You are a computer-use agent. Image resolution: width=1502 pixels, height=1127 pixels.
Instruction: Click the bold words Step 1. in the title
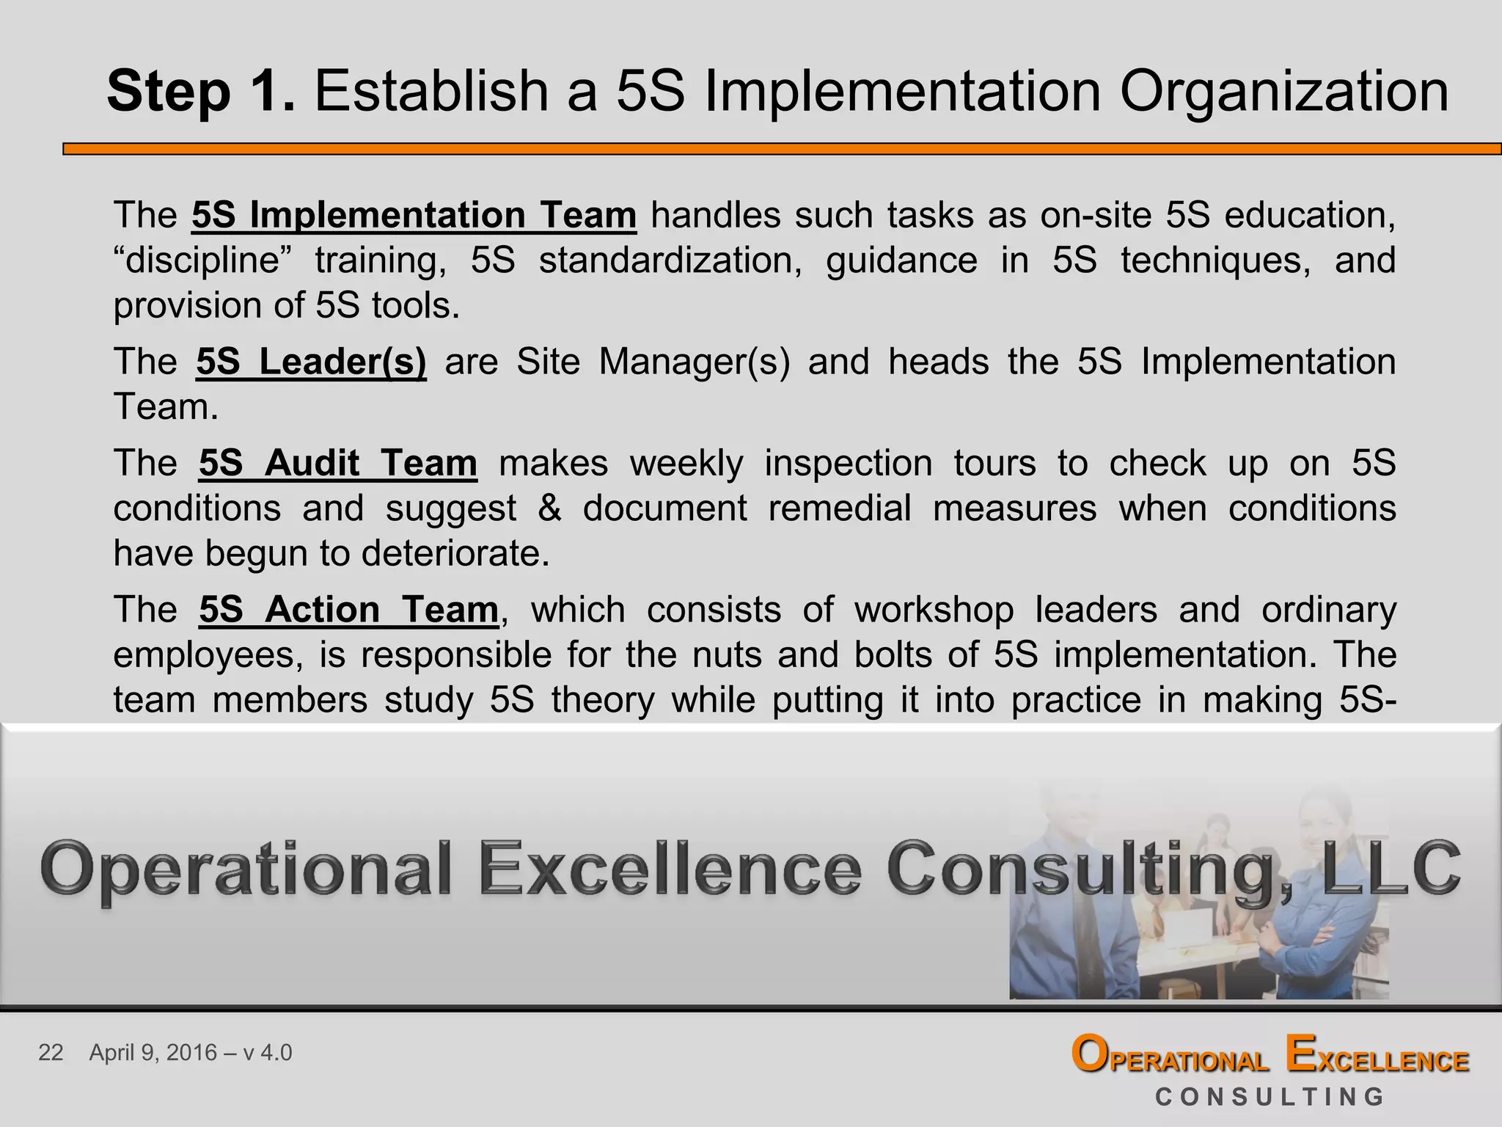point(201,92)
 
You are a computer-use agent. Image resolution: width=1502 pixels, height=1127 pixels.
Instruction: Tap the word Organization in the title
point(1283,92)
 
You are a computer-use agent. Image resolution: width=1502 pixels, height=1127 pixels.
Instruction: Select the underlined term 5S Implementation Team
point(414,215)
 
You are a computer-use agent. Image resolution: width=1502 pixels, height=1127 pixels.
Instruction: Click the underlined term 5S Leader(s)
point(311,361)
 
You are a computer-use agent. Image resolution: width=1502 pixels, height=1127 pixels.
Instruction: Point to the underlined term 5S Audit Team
point(338,463)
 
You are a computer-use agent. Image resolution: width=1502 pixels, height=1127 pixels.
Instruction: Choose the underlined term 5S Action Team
point(348,610)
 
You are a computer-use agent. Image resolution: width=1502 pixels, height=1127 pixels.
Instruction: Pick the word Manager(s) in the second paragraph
point(694,361)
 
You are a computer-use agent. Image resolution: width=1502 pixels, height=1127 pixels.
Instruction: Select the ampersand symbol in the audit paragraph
point(549,508)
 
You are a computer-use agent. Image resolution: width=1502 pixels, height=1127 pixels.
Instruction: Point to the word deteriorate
point(455,553)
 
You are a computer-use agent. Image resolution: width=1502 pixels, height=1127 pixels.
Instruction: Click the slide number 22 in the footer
point(51,1053)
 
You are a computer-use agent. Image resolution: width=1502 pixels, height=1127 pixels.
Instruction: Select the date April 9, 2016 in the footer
point(153,1053)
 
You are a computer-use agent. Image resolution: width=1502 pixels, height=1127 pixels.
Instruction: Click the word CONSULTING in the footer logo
point(1270,1097)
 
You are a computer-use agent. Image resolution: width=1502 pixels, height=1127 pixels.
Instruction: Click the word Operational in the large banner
point(246,869)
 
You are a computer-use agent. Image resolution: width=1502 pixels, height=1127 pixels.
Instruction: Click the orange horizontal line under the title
point(782,149)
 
